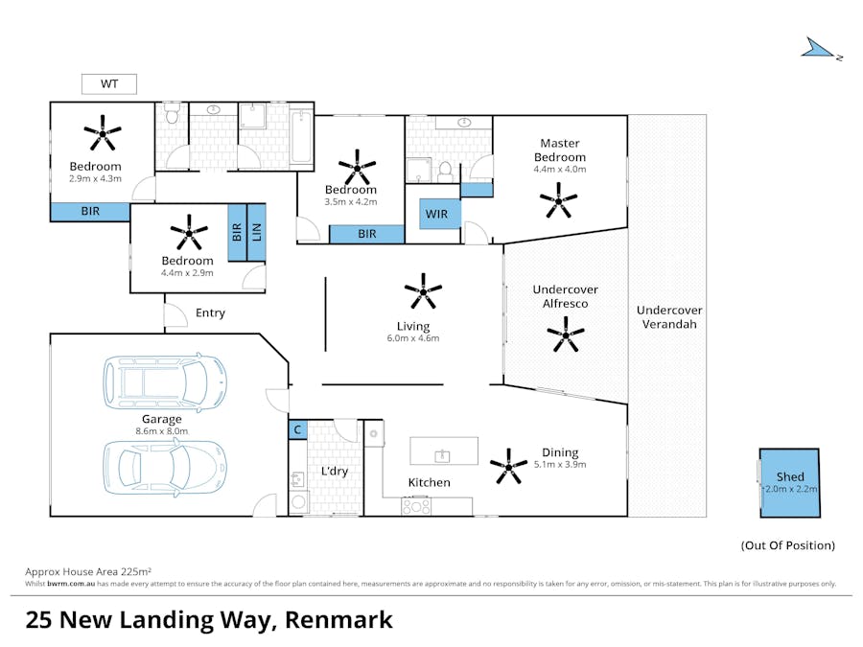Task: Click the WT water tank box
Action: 109,84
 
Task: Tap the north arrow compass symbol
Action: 819,49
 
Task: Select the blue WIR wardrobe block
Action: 440,214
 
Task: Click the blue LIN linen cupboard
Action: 256,232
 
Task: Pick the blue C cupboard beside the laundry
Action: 298,429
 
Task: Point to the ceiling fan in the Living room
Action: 423,291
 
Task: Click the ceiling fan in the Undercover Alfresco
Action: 565,334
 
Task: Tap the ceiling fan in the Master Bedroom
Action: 558,201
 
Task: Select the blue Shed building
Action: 790,483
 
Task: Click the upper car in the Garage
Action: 165,381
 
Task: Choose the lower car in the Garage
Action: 165,467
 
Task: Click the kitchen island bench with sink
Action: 444,451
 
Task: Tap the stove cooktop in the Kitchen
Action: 416,505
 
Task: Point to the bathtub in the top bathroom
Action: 301,136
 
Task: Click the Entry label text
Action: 210,313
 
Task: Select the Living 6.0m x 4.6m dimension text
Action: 412,338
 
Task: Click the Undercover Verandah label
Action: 669,317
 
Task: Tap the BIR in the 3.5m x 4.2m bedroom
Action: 366,234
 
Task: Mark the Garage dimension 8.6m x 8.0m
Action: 162,431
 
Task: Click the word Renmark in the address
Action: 338,620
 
